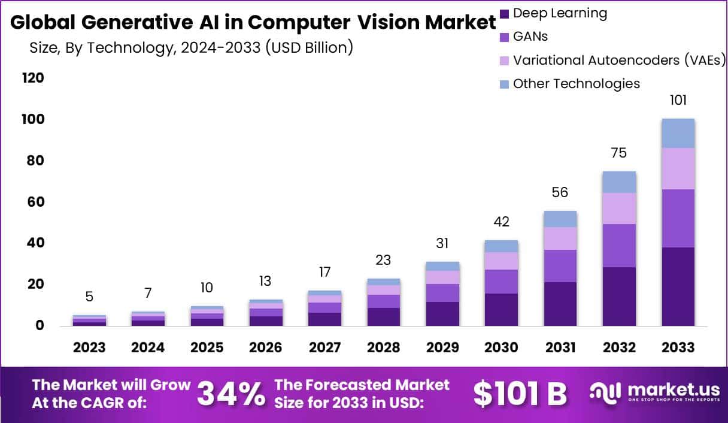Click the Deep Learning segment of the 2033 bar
(x=678, y=286)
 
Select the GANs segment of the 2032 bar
(x=619, y=246)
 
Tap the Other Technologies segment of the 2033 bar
(x=678, y=133)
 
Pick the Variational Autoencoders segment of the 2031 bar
(x=560, y=238)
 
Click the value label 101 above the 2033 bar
(x=678, y=100)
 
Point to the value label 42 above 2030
(x=501, y=222)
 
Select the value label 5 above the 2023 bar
(x=89, y=297)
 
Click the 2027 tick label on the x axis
(x=324, y=348)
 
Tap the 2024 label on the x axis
(x=148, y=348)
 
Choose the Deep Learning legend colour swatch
(x=504, y=13)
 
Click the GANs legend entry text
(x=530, y=37)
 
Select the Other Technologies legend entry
(x=576, y=83)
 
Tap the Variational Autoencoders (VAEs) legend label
(x=619, y=60)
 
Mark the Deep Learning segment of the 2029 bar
(x=442, y=313)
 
